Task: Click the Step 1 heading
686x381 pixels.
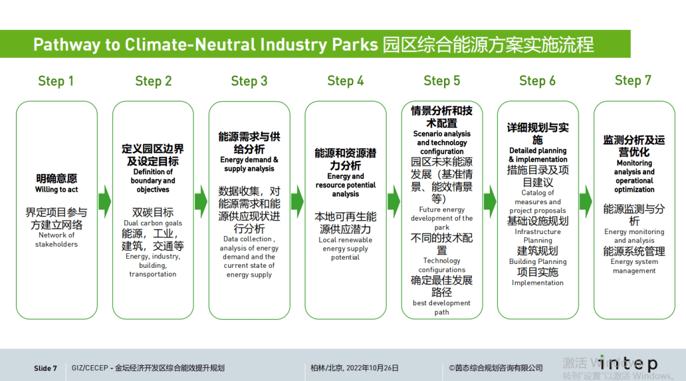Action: (x=56, y=81)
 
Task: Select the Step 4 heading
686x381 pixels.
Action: (x=346, y=81)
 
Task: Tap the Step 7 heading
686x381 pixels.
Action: (x=633, y=80)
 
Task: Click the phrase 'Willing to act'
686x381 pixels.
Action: (x=57, y=190)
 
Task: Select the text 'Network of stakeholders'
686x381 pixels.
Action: (x=57, y=240)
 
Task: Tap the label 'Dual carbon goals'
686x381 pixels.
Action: (x=153, y=223)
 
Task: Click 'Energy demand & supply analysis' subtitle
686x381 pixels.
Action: (x=249, y=164)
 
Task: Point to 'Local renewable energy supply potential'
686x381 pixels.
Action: (x=346, y=249)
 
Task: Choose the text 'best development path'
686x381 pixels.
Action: (x=441, y=308)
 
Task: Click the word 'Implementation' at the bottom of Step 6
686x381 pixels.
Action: (x=537, y=283)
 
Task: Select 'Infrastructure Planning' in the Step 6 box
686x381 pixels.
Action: (x=537, y=236)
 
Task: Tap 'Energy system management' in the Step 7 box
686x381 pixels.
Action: (x=634, y=266)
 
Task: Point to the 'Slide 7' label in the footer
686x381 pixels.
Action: (x=46, y=368)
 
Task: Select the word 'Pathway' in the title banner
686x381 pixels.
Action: (x=66, y=45)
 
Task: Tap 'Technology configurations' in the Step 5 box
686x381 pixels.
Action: (x=441, y=265)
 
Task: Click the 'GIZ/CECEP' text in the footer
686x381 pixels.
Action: (x=89, y=368)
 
